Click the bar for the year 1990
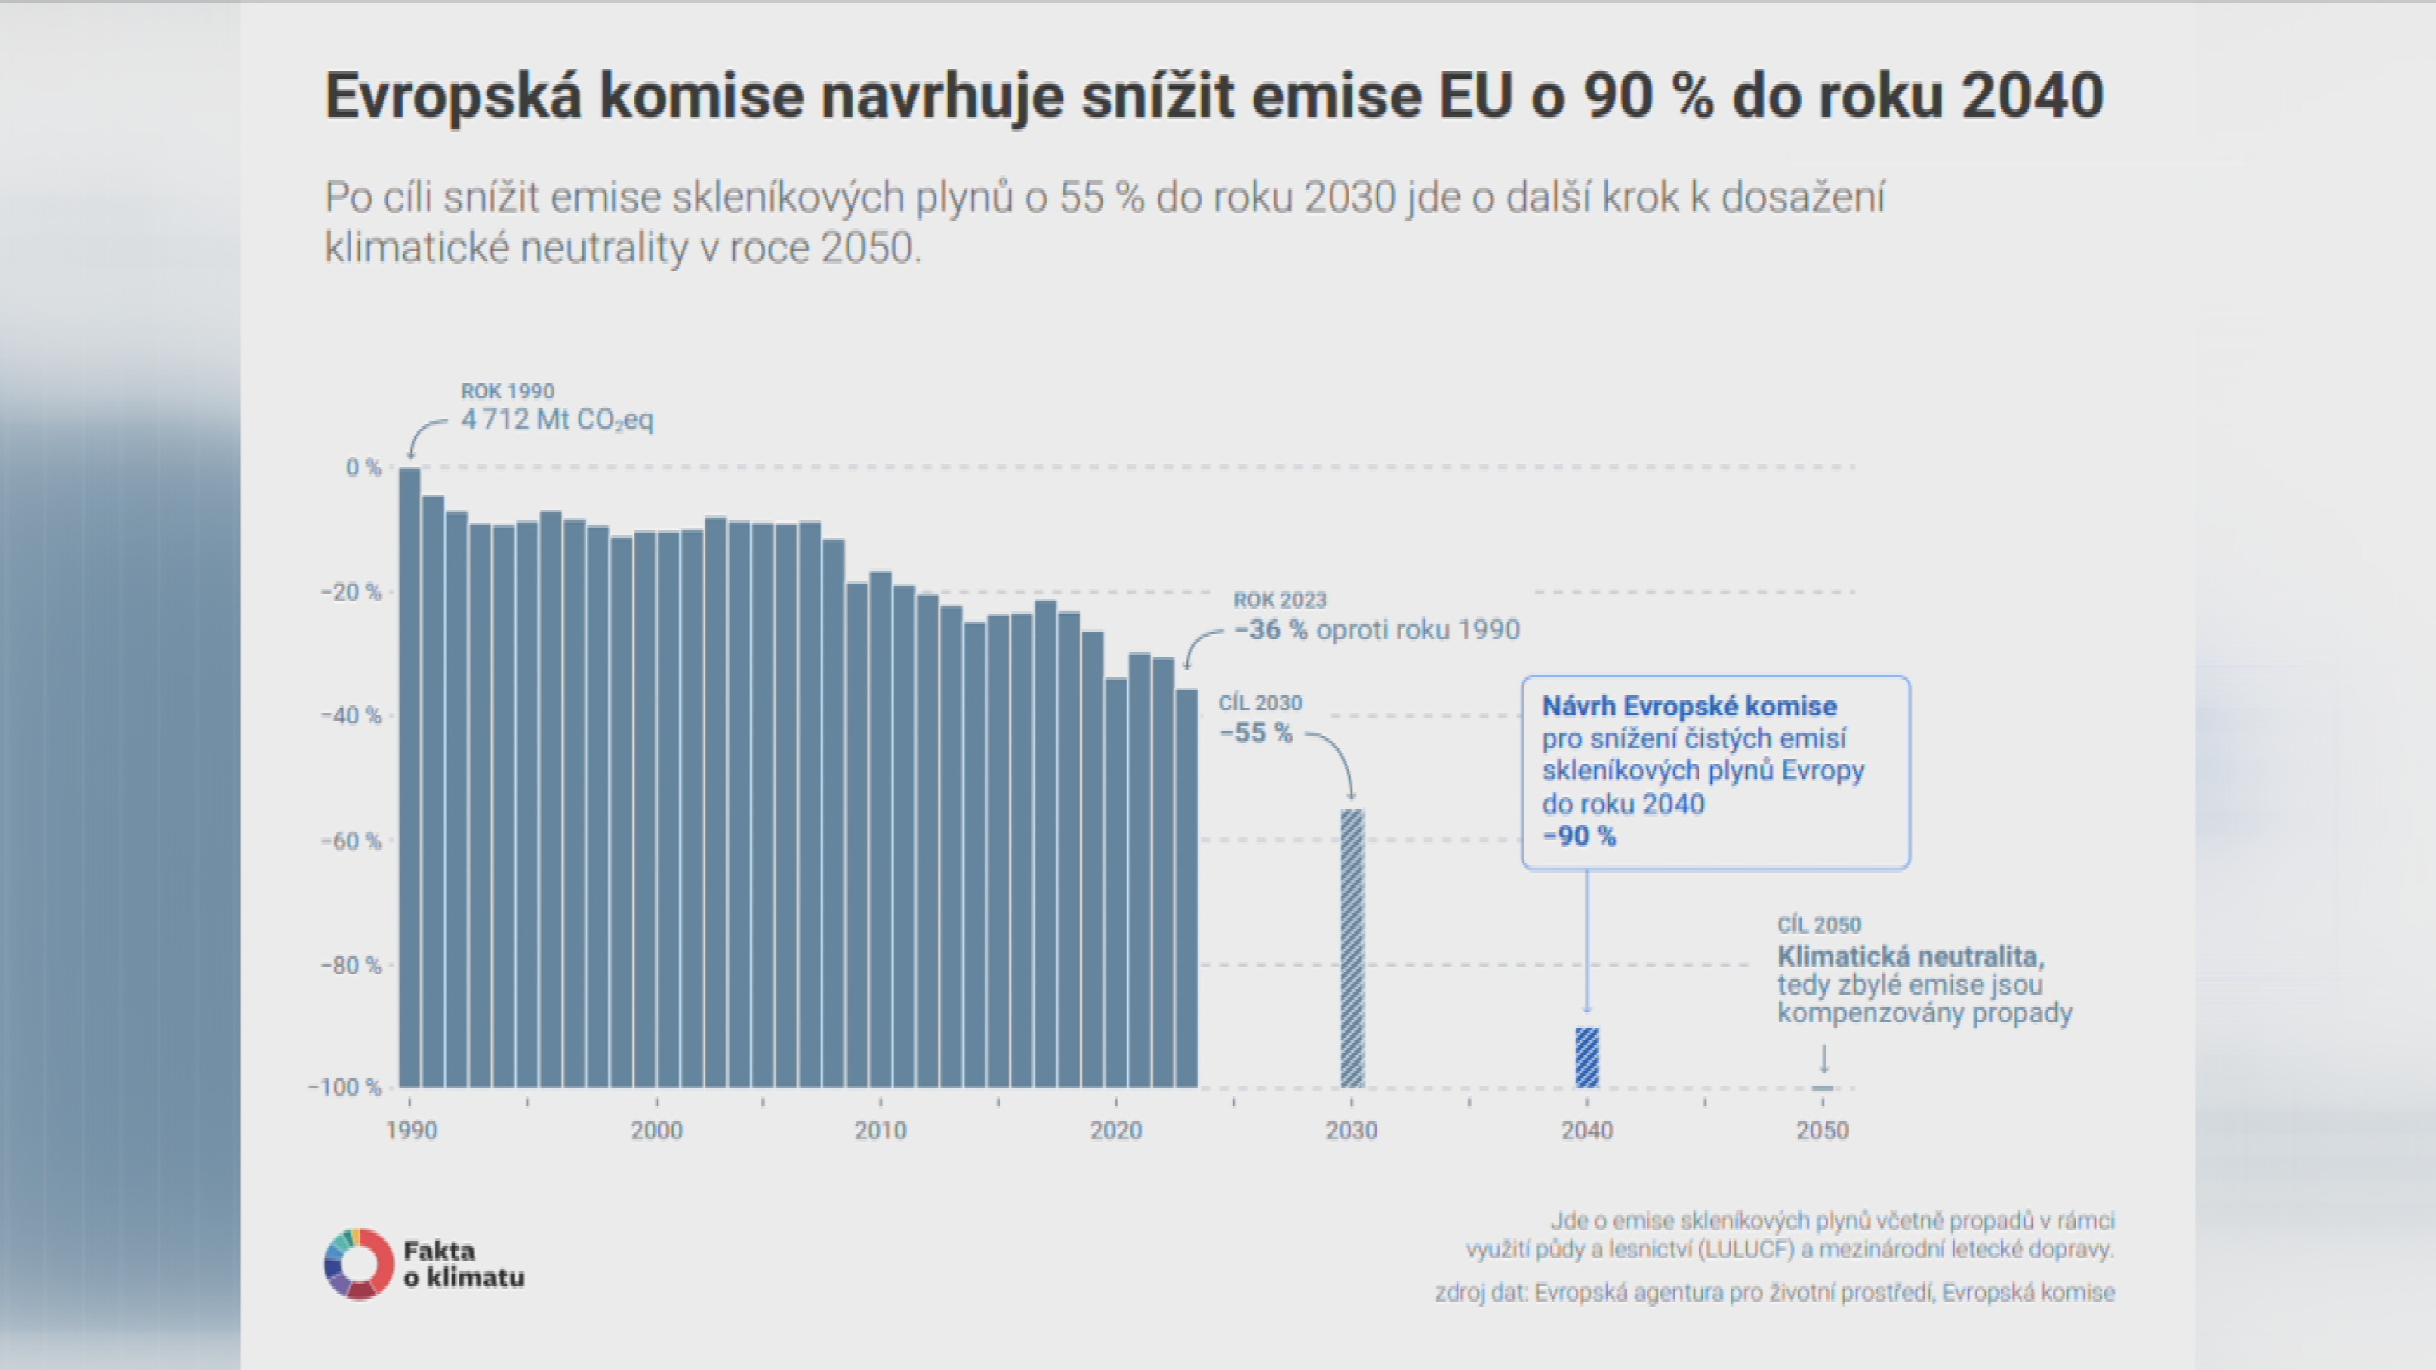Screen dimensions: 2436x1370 point(409,777)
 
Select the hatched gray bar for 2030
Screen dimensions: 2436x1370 point(1352,948)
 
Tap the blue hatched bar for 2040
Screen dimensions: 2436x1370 point(1587,1057)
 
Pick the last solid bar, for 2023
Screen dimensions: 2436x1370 point(1187,888)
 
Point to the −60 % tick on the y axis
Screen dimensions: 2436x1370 point(351,840)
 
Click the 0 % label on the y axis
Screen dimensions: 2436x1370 point(363,467)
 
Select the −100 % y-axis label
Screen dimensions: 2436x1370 point(344,1087)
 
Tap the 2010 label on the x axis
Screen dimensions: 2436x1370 point(881,1130)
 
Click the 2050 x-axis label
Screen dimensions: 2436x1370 point(1823,1130)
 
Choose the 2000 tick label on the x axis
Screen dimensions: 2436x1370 point(657,1130)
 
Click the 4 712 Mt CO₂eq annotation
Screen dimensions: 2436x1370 point(557,420)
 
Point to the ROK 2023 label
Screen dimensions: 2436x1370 point(1280,601)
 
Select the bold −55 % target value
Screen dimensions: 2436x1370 point(1256,733)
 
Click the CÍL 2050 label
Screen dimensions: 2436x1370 point(1819,925)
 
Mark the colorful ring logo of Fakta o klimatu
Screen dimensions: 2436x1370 point(359,1263)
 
